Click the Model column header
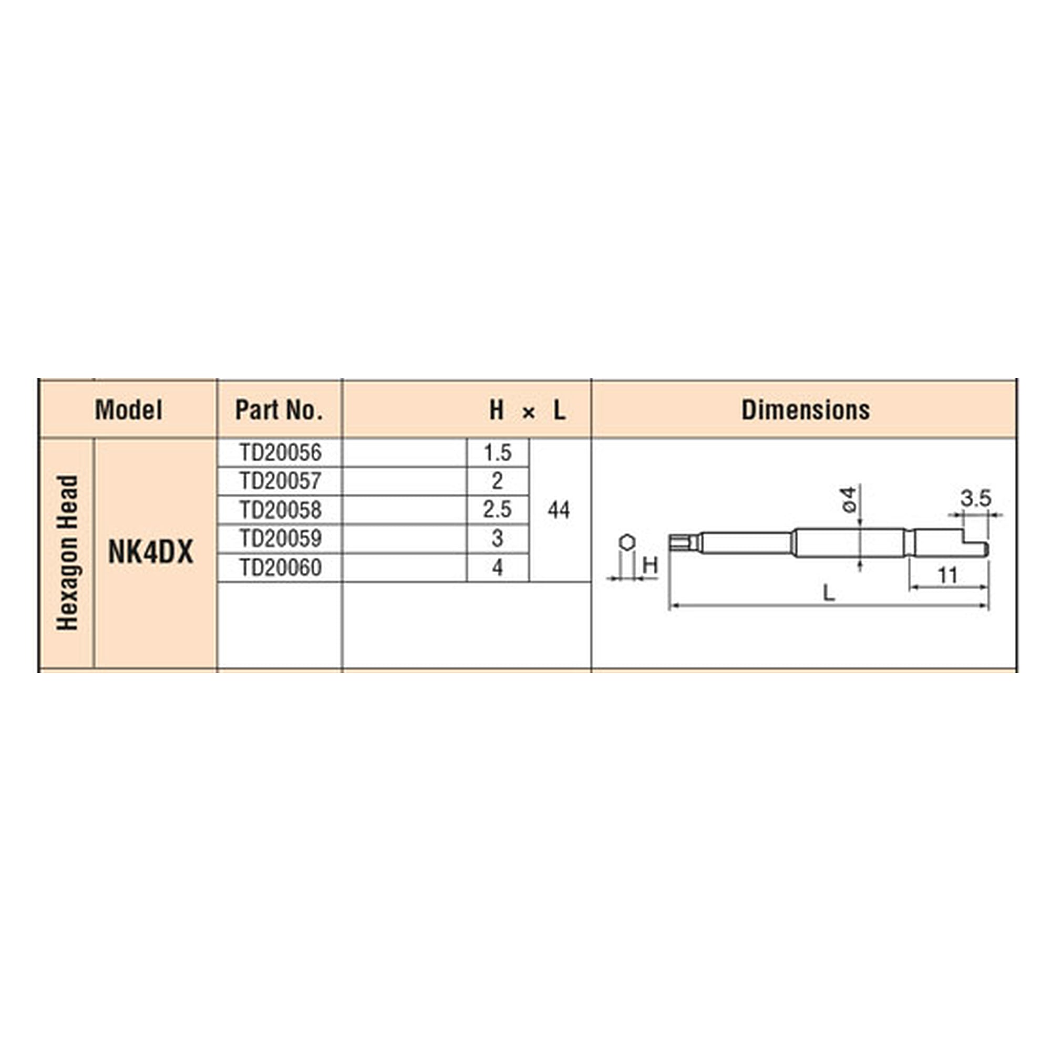point(128,410)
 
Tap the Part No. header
point(279,410)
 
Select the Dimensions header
point(806,410)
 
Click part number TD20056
point(281,452)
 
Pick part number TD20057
point(281,481)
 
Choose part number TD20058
point(281,510)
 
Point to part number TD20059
point(281,539)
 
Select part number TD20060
point(281,568)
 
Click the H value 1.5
point(498,452)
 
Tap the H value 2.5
point(498,510)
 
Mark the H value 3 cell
point(498,539)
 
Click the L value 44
point(559,510)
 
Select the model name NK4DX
point(151,553)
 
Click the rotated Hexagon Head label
point(67,553)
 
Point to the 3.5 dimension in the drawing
point(976,498)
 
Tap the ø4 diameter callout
point(849,499)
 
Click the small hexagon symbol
point(627,542)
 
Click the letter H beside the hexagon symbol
point(651,566)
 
